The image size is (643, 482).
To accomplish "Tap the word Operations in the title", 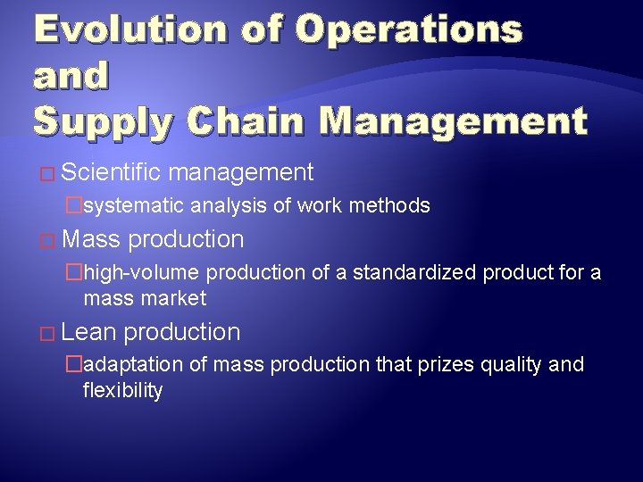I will (410, 29).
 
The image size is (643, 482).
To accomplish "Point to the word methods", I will (389, 206).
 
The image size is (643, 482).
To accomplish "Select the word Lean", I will (90, 333).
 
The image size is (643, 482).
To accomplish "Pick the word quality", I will (515, 365).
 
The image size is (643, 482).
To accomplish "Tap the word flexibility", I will (122, 390).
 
